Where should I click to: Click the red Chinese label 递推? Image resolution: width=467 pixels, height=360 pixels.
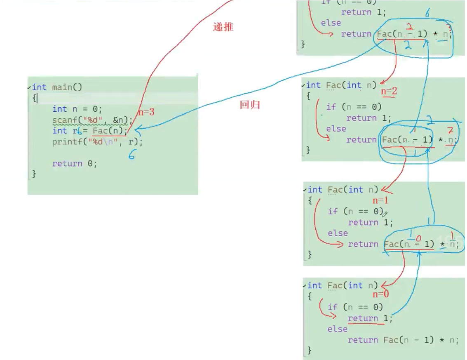pos(223,27)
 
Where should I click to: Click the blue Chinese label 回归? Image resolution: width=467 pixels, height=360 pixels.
pos(250,105)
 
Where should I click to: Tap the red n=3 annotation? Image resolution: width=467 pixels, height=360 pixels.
pos(146,112)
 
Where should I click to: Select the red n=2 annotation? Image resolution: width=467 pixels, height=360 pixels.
pos(389,91)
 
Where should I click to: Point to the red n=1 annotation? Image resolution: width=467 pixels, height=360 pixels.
pos(380,201)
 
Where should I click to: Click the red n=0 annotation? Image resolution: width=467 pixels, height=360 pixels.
pos(381,294)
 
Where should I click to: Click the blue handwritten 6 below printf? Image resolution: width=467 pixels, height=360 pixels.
pos(132,155)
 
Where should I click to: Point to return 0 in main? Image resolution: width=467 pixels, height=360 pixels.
pos(74,164)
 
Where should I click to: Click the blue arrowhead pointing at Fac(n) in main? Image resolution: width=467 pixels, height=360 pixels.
pos(136,131)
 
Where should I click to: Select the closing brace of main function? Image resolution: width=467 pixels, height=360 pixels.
pos(34,174)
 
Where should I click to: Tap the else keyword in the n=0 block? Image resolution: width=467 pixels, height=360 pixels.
pos(337,329)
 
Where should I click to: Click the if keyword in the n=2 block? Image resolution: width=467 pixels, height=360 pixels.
pos(331,107)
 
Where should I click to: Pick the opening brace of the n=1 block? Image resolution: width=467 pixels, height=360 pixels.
pos(310,200)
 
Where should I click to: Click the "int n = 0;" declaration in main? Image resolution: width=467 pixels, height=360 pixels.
pos(77,109)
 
